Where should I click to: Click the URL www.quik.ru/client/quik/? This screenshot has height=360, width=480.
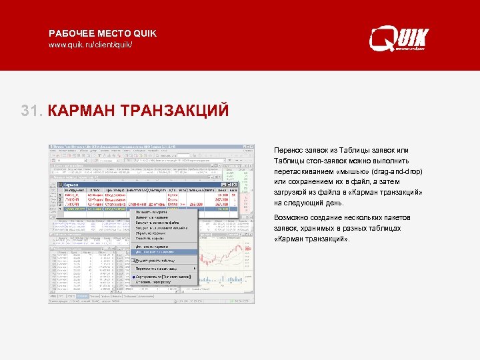tap(90, 45)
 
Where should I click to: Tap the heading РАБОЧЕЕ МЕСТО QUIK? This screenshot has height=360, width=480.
tap(103, 33)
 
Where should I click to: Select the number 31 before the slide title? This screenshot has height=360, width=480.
tap(31, 109)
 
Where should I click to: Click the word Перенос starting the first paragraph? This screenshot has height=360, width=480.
tap(289, 150)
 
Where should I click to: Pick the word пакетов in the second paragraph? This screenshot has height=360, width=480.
tap(397, 218)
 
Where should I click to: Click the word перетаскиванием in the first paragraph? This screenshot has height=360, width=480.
tap(307, 171)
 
